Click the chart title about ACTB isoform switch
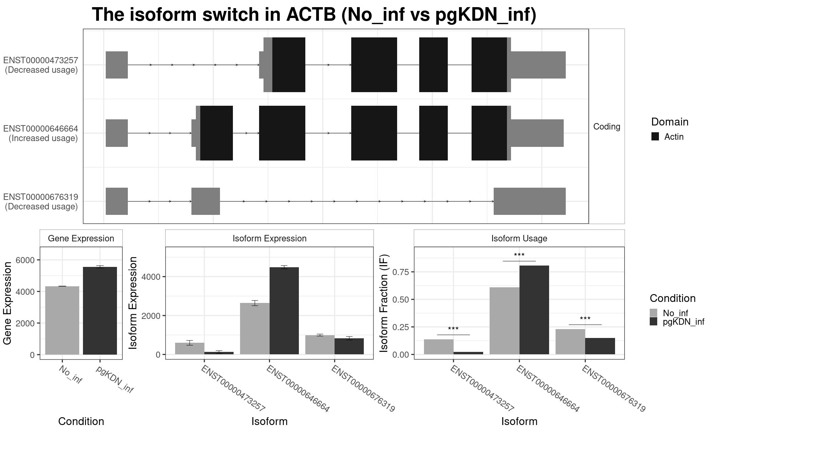[314, 15]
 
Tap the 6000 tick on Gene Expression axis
[25, 260]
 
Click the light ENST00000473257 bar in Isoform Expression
[189, 348]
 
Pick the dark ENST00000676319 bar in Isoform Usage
[600, 346]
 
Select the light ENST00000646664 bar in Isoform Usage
[504, 321]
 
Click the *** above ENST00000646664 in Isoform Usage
[519, 255]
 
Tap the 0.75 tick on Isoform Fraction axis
[400, 272]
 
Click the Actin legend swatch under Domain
[655, 137]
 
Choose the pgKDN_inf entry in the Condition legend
[683, 322]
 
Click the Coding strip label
[607, 126]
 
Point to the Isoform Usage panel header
[519, 238]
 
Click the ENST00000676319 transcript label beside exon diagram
[41, 197]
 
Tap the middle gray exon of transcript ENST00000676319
[206, 201]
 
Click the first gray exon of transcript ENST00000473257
[117, 65]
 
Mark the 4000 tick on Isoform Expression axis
[151, 277]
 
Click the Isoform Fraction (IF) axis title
[384, 303]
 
